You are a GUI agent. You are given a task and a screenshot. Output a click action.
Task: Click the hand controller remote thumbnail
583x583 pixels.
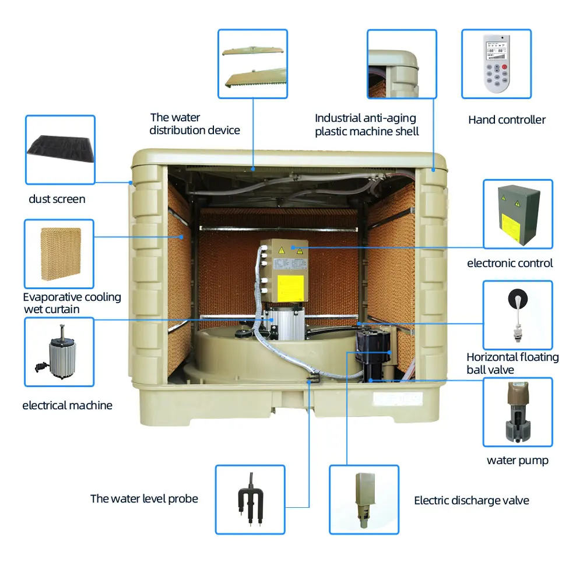click(x=496, y=64)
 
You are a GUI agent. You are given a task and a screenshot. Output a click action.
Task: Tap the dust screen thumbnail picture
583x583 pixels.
click(x=60, y=150)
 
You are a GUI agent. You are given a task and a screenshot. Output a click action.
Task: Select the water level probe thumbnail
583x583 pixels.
click(x=250, y=499)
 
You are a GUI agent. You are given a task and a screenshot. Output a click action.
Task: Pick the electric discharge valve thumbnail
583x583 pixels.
click(x=364, y=499)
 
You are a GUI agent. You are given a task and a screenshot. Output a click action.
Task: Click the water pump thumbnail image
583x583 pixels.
click(x=518, y=412)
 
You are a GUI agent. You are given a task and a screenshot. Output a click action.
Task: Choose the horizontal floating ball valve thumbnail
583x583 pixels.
click(x=518, y=315)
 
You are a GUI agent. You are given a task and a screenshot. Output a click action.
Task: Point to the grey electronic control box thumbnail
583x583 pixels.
click(x=518, y=214)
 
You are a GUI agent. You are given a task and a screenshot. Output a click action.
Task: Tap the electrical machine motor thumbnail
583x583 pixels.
click(x=59, y=352)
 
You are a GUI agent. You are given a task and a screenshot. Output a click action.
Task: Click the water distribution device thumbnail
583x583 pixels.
click(x=253, y=64)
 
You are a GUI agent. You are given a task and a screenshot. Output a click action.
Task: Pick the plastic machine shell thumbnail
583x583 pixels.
click(x=402, y=64)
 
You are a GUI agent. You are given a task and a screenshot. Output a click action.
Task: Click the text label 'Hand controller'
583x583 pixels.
click(x=507, y=120)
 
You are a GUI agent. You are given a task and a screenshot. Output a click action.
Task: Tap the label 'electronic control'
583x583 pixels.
click(x=510, y=264)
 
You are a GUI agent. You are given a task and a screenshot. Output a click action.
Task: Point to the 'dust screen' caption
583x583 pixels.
click(x=57, y=199)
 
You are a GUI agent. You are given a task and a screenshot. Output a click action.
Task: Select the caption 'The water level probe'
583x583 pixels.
click(x=144, y=499)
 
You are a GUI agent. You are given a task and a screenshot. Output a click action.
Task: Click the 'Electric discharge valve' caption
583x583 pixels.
click(x=472, y=501)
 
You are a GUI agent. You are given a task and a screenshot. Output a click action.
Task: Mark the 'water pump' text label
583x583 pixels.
click(x=518, y=461)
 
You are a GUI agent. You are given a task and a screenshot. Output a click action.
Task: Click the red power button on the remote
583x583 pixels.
click(x=505, y=67)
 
